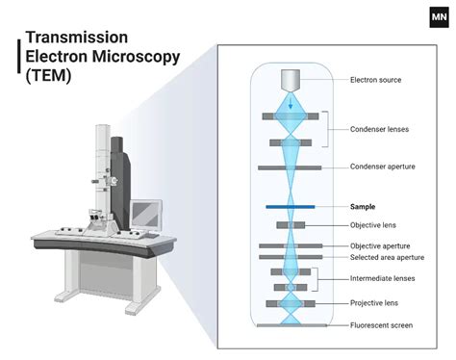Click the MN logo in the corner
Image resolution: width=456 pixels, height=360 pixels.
(x=439, y=17)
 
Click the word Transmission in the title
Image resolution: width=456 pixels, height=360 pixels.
(x=72, y=37)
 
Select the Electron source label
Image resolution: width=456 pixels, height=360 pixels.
(x=375, y=80)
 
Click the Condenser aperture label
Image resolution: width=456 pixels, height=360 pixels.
(x=382, y=167)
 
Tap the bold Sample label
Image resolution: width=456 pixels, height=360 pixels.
(x=363, y=206)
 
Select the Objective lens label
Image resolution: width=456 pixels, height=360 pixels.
(x=373, y=225)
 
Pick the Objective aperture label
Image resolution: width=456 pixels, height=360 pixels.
(x=379, y=246)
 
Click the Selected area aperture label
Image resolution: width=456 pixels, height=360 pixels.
(x=387, y=258)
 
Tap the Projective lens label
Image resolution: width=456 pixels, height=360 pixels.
(x=374, y=303)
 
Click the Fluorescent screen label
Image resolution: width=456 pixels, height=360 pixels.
(x=381, y=325)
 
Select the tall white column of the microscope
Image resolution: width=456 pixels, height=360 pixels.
(x=101, y=168)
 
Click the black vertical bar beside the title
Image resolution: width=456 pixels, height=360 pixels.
(x=19, y=57)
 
